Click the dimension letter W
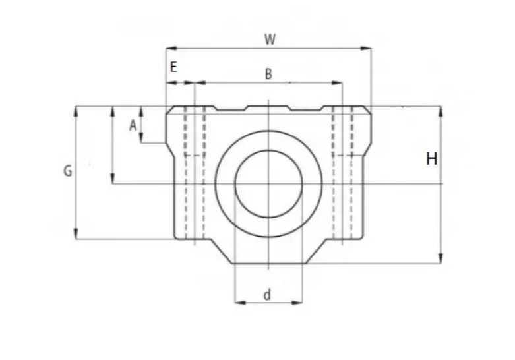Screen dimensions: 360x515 (x=270, y=39)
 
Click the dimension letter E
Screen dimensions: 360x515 (x=174, y=67)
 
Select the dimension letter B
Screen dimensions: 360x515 (x=268, y=74)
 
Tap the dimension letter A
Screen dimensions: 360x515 (x=133, y=125)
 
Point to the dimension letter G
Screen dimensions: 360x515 (x=67, y=171)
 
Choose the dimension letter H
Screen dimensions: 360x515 (x=432, y=159)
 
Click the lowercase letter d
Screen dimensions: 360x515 (x=267, y=295)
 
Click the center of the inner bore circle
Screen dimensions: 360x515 (x=268, y=183)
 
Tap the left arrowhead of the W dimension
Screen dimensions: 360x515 (x=169, y=47)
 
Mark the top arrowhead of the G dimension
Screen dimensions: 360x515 (x=76, y=110)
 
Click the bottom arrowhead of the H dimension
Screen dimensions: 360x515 (x=440, y=260)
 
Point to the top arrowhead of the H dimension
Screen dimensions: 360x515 (x=440, y=110)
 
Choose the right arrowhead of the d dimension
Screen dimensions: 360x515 (x=299, y=303)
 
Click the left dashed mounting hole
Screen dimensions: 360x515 (x=195, y=171)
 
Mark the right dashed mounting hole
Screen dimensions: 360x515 (x=343, y=171)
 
